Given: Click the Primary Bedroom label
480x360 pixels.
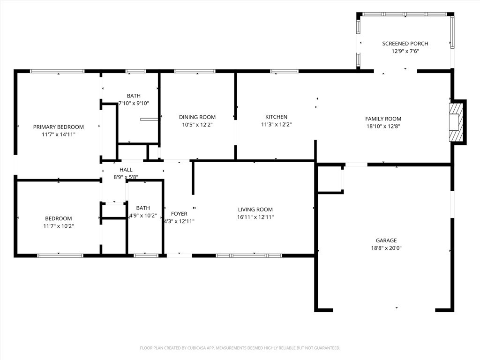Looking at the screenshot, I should tap(58, 127).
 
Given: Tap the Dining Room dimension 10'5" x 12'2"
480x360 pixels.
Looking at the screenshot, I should tap(197, 125).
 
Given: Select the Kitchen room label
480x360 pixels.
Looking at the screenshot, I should tap(276, 117).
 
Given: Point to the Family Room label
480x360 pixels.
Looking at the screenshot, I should tap(383, 119).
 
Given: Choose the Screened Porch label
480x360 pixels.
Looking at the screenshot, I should tap(405, 44).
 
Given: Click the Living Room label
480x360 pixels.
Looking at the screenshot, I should tap(255, 210).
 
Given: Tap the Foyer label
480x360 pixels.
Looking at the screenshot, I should tap(179, 214).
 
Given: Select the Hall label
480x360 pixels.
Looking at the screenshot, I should tap(126, 170).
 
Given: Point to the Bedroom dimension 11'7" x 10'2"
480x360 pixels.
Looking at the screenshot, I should tap(58, 226).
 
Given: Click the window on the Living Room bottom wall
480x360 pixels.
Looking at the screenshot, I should tap(248, 255).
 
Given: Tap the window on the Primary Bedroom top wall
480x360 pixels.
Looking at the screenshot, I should tap(57, 71).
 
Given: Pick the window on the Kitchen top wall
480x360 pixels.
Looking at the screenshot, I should tap(284, 71).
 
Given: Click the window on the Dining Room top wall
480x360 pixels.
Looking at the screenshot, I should tap(195, 71).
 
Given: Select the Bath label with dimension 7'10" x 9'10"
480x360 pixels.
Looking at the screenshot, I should tap(133, 96).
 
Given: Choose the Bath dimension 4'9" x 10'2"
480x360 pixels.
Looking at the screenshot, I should tap(143, 216).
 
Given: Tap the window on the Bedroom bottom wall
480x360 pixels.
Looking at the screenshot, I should tap(60, 255).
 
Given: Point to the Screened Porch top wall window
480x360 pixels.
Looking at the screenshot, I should tap(405, 14).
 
